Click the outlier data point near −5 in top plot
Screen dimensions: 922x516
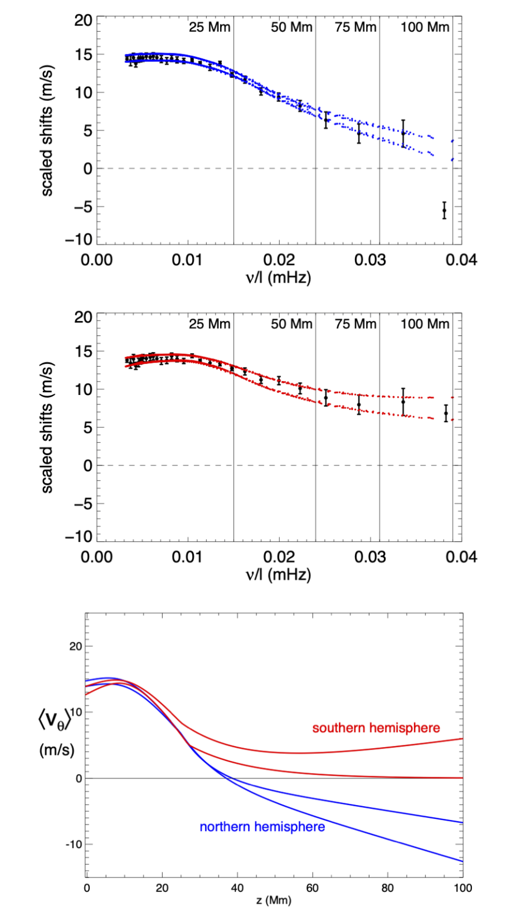[x=444, y=210]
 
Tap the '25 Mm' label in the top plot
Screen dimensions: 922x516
[x=209, y=27]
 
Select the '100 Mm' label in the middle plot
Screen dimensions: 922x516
[x=424, y=324]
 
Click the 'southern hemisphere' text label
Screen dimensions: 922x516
[x=376, y=728]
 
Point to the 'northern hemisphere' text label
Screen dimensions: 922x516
[x=262, y=827]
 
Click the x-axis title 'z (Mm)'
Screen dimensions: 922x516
[x=274, y=901]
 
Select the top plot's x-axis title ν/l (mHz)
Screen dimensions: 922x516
[x=278, y=277]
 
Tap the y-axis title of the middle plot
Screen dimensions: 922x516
[x=47, y=427]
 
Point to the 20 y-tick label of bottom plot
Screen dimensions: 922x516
[x=75, y=647]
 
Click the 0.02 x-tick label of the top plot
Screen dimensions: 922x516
[x=279, y=260]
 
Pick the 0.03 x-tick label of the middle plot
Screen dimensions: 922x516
[x=370, y=557]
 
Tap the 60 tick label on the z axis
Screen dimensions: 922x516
[x=312, y=888]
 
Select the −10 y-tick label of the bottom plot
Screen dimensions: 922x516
[x=74, y=845]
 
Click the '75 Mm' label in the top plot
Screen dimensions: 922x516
[x=356, y=27]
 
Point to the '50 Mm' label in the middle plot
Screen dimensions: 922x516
[x=291, y=324]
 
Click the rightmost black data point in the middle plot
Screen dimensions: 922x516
[x=446, y=413]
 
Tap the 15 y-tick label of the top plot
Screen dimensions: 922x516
[x=84, y=55]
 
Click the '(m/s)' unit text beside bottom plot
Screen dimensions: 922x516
[x=56, y=750]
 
